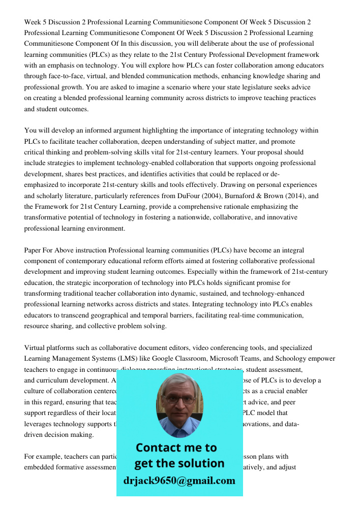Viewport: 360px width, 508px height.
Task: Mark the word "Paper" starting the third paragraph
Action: point(33,250)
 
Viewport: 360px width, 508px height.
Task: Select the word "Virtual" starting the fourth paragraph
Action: point(35,348)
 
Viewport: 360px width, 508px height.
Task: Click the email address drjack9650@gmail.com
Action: point(179,481)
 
